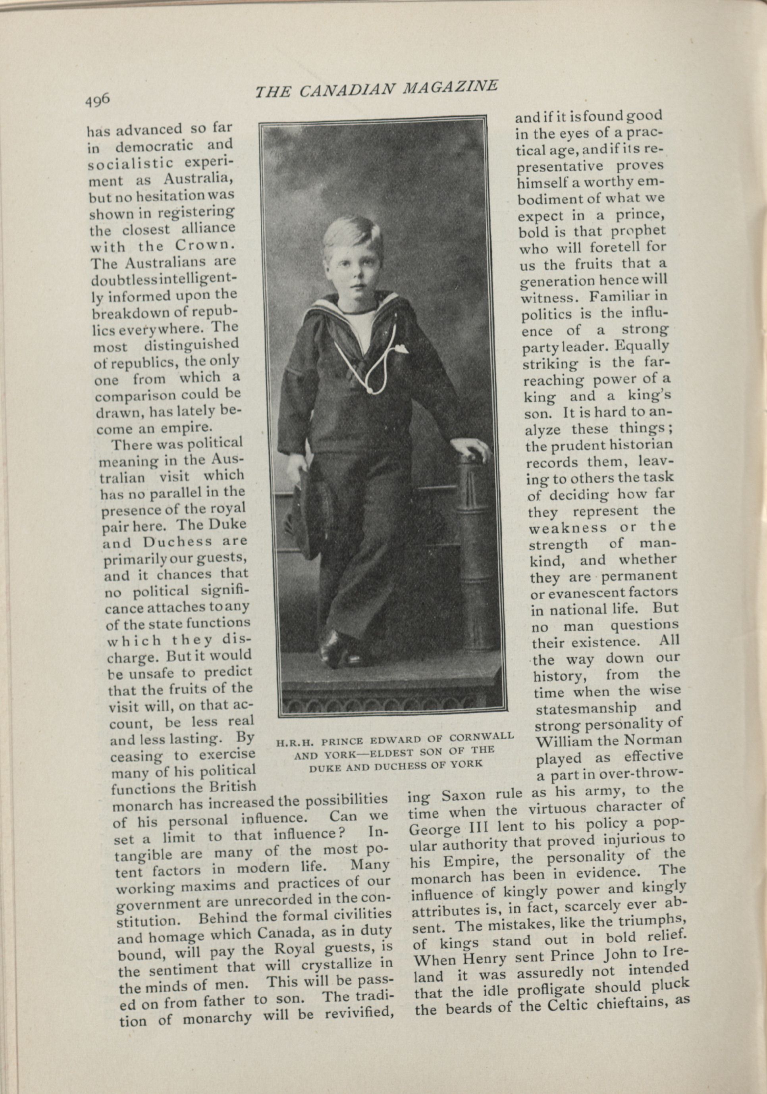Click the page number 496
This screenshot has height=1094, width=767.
pyautogui.click(x=98, y=100)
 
